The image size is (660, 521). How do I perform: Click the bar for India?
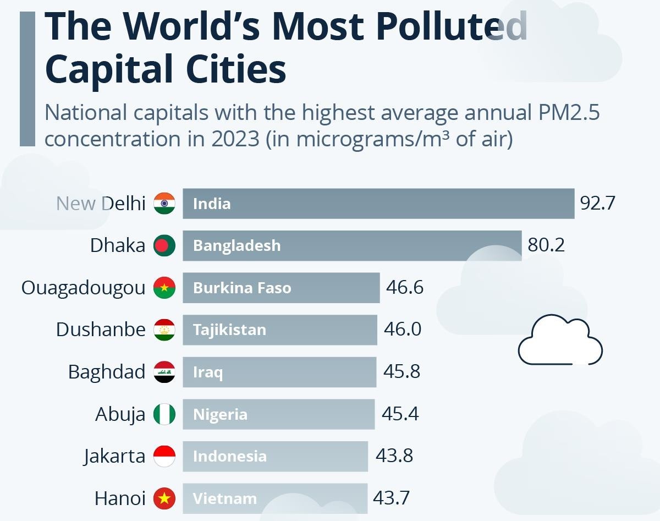378,204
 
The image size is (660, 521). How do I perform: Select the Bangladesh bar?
352,245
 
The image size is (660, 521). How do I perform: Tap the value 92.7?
597,204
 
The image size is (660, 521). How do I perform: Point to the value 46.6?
405,288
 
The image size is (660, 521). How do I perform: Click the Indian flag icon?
164,204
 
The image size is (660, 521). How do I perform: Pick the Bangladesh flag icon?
164,245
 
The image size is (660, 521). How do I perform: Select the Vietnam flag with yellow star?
164,498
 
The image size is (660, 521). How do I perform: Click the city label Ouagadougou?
84,288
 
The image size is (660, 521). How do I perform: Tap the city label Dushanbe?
101,330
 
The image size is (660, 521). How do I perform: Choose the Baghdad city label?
107,372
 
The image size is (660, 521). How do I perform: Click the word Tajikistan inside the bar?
229,330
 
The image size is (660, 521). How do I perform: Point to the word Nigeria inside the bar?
220,414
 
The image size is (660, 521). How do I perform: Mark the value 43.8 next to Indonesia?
394,456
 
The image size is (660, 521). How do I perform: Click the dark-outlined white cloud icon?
560,341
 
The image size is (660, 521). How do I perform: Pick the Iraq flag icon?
164,372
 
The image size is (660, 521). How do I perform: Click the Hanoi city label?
120,498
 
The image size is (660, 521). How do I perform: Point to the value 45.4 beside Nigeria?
400,414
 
